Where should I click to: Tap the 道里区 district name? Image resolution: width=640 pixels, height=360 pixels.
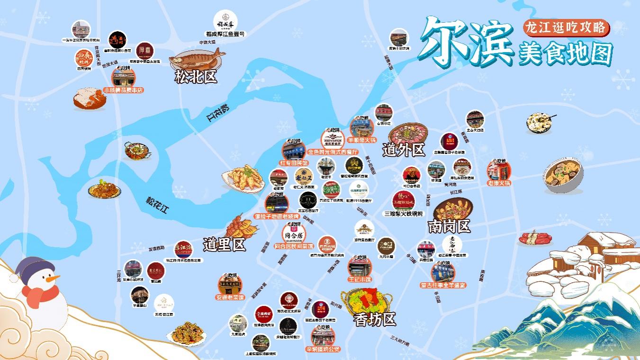(x=224, y=244)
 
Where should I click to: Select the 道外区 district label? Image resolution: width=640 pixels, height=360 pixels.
(x=404, y=150)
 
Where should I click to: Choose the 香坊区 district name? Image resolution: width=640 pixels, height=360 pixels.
(x=375, y=320)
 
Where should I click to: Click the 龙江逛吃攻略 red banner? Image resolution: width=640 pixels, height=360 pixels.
(x=566, y=28)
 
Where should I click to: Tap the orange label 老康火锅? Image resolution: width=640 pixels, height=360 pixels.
(x=499, y=183)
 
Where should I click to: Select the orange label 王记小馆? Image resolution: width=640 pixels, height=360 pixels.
(x=360, y=279)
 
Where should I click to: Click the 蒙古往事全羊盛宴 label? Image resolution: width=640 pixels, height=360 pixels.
(x=443, y=286)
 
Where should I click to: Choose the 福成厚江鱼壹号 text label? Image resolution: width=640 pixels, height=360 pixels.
(x=225, y=34)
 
